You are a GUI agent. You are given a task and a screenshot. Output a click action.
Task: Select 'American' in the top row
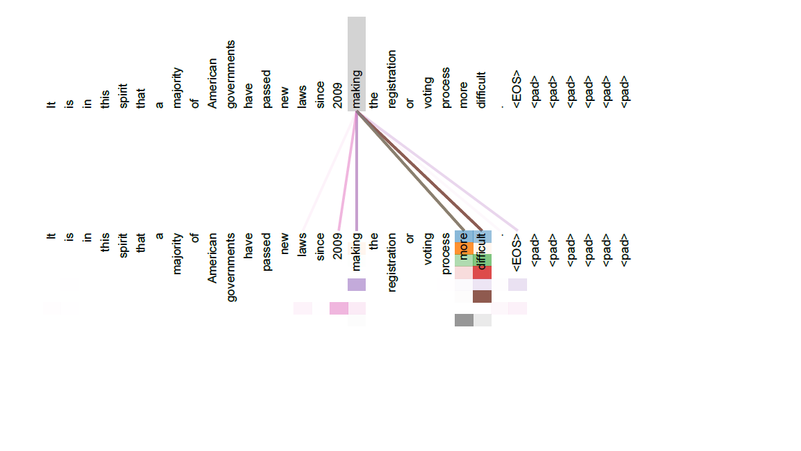[x=213, y=83]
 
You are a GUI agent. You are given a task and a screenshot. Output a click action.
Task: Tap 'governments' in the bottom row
[x=230, y=267]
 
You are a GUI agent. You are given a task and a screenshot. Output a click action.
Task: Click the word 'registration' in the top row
[x=392, y=79]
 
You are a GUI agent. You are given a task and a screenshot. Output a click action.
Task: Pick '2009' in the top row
[x=338, y=95]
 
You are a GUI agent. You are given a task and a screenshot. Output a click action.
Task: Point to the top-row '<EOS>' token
[x=517, y=89]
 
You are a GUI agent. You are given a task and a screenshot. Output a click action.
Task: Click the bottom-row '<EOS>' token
[x=517, y=253]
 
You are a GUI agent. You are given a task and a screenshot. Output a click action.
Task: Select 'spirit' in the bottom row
[x=123, y=246]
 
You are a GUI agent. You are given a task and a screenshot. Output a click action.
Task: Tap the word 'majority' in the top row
[x=177, y=88]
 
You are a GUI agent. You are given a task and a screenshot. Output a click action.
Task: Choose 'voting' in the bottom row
[x=428, y=249]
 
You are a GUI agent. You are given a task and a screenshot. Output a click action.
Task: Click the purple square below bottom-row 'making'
[x=357, y=284]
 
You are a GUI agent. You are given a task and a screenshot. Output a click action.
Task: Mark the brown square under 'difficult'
[x=483, y=296]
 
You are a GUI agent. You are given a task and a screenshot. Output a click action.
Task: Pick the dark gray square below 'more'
[x=464, y=320]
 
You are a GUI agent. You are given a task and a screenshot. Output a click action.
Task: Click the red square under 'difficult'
[x=483, y=273]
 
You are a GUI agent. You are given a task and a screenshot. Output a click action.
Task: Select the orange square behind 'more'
[x=464, y=248]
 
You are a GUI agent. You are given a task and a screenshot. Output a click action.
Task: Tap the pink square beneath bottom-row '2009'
[x=339, y=308]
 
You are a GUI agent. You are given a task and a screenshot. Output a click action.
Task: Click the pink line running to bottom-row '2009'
[x=348, y=171]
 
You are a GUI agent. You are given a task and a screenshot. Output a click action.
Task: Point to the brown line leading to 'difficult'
[x=419, y=171]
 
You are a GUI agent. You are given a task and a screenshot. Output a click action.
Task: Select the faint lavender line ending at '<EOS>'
[x=437, y=171]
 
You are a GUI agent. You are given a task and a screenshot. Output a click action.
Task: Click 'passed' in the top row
[x=266, y=89]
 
